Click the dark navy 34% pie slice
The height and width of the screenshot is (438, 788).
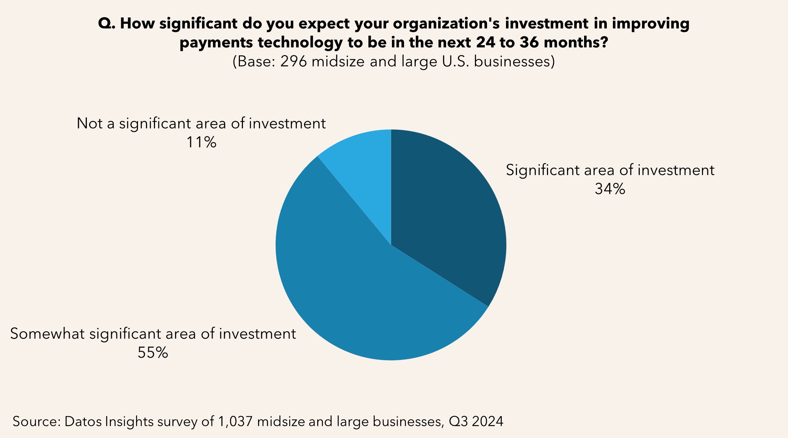pyautogui.click(x=447, y=212)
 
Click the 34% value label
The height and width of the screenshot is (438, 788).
pyautogui.click(x=609, y=189)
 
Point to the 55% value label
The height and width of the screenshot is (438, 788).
pyautogui.click(x=153, y=353)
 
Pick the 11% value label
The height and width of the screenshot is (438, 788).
pyautogui.click(x=201, y=143)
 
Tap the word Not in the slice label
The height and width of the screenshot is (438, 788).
pyautogui.click(x=90, y=124)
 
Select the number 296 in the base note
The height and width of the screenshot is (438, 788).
pyautogui.click(x=293, y=61)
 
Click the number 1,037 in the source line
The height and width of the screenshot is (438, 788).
pyautogui.click(x=235, y=421)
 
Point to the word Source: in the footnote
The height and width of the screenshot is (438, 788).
pyautogui.click(x=36, y=421)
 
